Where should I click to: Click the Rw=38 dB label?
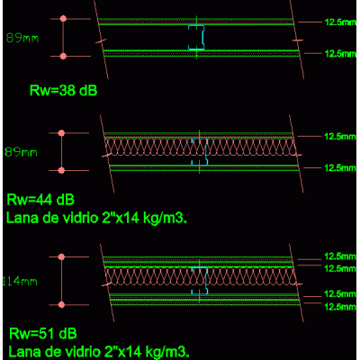coord(64,90)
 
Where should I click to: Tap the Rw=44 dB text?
coord(40,200)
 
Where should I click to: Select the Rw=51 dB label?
coord(43,334)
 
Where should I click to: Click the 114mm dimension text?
coord(20,282)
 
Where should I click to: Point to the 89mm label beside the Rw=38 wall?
coord(22,38)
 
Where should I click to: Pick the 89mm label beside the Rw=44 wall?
coord(21,152)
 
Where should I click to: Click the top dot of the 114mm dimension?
coord(61,256)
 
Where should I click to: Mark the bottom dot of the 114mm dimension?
coord(61,305)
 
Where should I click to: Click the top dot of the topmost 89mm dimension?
coord(63,19)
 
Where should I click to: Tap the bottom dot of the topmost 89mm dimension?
coord(63,56)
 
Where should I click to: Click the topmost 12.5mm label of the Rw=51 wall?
coord(340,256)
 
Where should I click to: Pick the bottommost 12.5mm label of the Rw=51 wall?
coord(340,307)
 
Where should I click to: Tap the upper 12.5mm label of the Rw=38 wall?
coord(340,22)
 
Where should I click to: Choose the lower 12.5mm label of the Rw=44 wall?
coord(340,167)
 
